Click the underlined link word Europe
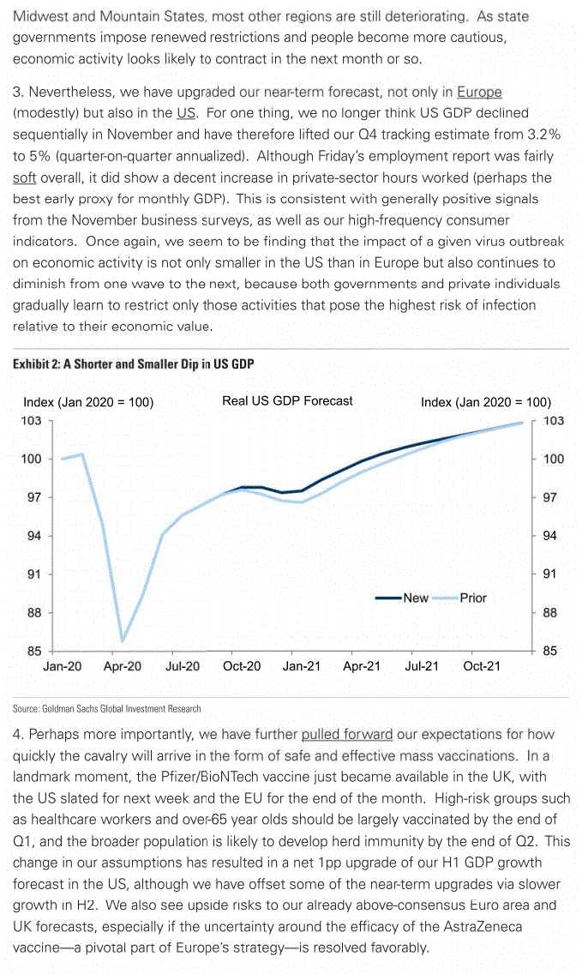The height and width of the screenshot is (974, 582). click(479, 93)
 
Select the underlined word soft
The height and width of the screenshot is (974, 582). click(24, 178)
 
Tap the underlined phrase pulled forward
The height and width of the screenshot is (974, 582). click(346, 735)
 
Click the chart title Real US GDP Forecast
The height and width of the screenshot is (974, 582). click(287, 400)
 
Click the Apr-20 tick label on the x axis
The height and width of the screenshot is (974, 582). click(122, 665)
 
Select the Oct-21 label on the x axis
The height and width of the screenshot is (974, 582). click(481, 665)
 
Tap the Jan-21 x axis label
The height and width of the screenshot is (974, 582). click(302, 665)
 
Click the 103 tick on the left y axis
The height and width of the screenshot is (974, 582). click(31, 421)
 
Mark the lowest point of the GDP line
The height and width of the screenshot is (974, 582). click(123, 640)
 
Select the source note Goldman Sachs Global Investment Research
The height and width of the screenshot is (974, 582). click(107, 709)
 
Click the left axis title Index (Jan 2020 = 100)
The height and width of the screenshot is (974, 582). click(88, 401)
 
